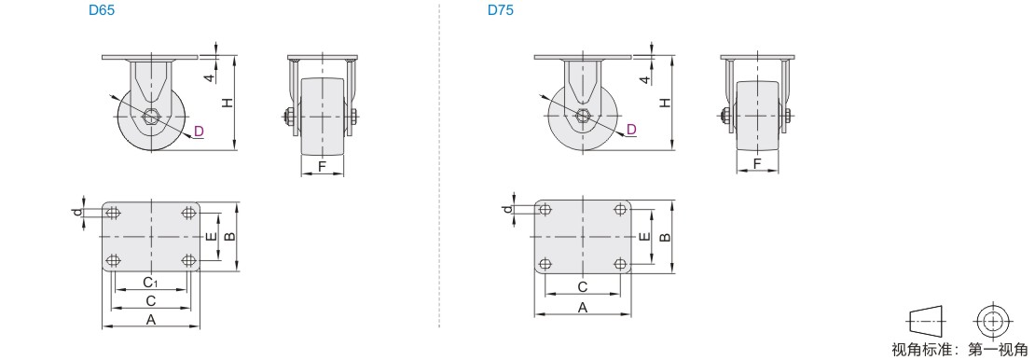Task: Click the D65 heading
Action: [x=102, y=10]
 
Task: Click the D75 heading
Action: [x=501, y=10]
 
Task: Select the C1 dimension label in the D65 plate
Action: [x=150, y=283]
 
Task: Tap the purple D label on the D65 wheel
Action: [x=199, y=132]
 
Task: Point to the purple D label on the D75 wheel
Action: [x=631, y=129]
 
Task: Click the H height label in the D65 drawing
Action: [x=227, y=103]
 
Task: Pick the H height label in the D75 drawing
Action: [x=665, y=103]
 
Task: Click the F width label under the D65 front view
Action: [x=322, y=166]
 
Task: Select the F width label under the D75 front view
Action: [x=757, y=162]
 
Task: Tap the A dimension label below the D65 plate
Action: [x=150, y=320]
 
